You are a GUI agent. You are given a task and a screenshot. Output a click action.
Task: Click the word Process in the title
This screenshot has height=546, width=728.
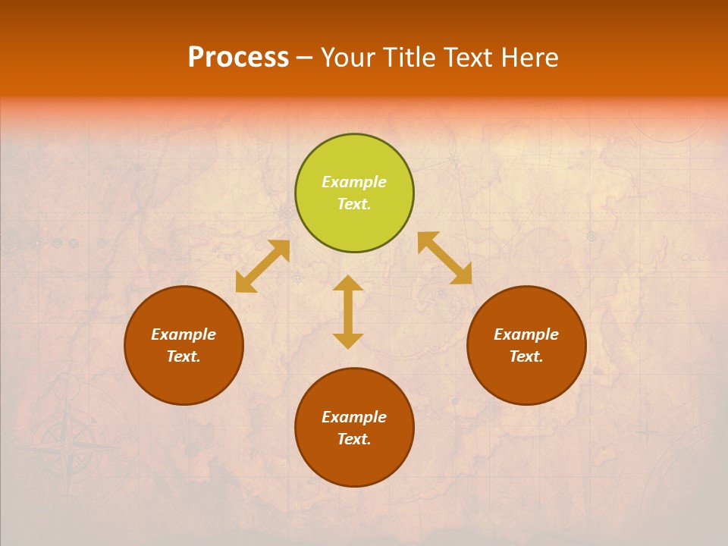pyautogui.click(x=238, y=58)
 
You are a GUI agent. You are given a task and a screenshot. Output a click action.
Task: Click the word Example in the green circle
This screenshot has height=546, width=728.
pyautogui.click(x=354, y=182)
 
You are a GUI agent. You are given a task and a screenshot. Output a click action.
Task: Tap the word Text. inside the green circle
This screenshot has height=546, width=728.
pyautogui.click(x=354, y=204)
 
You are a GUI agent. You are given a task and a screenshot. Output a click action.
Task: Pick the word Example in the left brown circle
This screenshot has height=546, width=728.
pyautogui.click(x=184, y=334)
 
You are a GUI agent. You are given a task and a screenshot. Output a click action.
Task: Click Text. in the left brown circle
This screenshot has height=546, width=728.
pyautogui.click(x=184, y=356)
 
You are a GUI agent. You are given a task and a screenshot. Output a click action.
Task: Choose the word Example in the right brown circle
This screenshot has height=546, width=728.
pyautogui.click(x=526, y=334)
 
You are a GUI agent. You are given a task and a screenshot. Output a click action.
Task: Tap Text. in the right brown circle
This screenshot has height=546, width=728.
pyautogui.click(x=526, y=356)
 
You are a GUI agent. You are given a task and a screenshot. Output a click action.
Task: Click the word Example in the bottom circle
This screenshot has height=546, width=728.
pyautogui.click(x=354, y=417)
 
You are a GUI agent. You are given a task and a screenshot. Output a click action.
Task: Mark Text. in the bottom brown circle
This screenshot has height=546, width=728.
pyautogui.click(x=354, y=439)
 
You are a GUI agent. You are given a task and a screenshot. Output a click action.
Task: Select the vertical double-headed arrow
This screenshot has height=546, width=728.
pyautogui.click(x=348, y=312)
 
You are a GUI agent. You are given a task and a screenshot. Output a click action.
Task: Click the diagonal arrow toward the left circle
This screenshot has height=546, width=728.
pyautogui.click(x=263, y=266)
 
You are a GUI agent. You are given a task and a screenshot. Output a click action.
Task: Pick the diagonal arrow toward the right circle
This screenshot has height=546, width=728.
pyautogui.click(x=444, y=258)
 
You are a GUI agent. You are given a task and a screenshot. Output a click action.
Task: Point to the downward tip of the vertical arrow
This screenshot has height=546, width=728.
pyautogui.click(x=348, y=345)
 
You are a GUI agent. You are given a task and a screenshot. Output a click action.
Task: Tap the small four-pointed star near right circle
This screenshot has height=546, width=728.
pyautogui.click(x=646, y=433)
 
